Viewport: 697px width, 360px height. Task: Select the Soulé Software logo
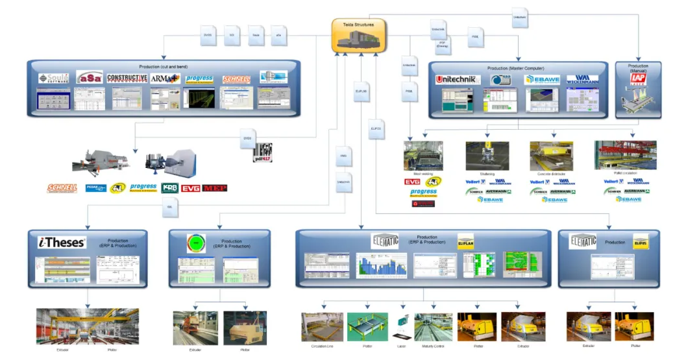[x=53, y=78]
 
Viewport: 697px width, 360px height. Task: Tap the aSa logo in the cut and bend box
[x=89, y=78]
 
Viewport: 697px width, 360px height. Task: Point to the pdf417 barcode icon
[x=262, y=152]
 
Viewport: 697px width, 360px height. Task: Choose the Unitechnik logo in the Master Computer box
[x=458, y=80]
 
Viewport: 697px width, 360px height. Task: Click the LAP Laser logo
[x=638, y=78]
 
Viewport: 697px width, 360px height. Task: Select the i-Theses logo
[x=62, y=243]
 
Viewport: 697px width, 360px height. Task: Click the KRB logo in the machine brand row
[x=170, y=188]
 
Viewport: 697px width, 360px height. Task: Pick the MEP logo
[x=215, y=188]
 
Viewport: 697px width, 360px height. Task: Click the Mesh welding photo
[x=423, y=156]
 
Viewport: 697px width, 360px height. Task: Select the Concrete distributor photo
[x=551, y=156]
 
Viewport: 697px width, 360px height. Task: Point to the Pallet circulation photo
[x=616, y=156]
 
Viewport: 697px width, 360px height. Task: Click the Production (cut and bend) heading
[x=163, y=67]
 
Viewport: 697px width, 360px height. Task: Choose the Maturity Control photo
[x=433, y=327]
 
